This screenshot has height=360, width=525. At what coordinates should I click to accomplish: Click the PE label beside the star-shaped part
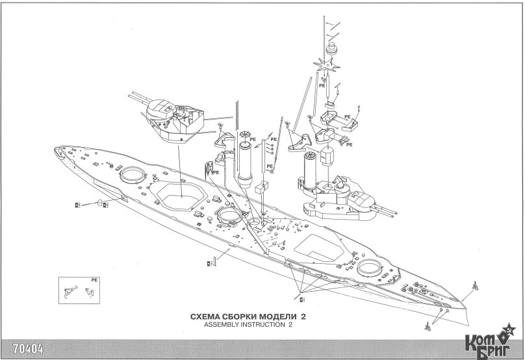pos(322,85)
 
